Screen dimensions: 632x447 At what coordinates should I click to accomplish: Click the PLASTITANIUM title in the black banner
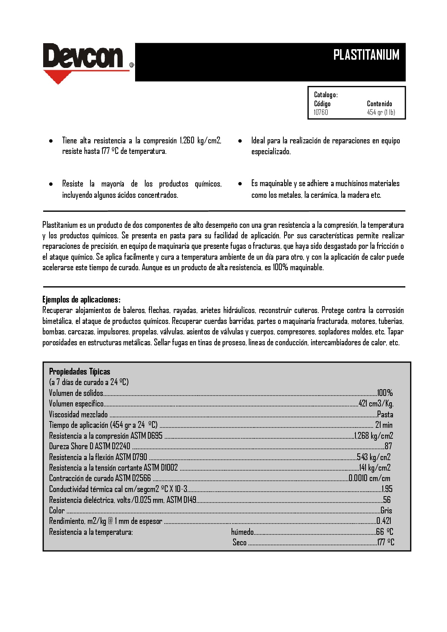click(366, 55)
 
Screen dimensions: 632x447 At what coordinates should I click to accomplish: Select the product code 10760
click(321, 112)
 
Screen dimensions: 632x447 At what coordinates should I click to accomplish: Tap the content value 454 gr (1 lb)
click(381, 112)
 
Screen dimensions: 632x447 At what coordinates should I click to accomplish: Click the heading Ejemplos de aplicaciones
click(81, 299)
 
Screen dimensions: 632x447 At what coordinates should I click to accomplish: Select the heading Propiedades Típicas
click(80, 372)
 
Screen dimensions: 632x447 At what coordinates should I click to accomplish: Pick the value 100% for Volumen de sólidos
click(385, 393)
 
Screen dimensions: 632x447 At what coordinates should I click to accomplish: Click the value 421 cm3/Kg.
click(376, 403)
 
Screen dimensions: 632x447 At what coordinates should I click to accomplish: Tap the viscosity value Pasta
click(385, 414)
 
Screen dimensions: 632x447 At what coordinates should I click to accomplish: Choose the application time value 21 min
click(384, 425)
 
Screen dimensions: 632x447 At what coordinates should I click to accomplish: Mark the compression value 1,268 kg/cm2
click(374, 436)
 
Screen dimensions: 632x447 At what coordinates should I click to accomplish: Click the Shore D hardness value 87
click(388, 446)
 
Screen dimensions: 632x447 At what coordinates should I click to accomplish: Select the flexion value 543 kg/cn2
click(373, 457)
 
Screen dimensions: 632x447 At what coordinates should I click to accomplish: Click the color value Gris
click(386, 510)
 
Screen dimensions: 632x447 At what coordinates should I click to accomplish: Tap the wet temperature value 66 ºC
click(385, 532)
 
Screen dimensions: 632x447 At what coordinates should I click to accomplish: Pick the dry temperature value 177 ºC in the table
click(385, 542)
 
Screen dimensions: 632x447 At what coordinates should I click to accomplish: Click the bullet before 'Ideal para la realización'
click(240, 141)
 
